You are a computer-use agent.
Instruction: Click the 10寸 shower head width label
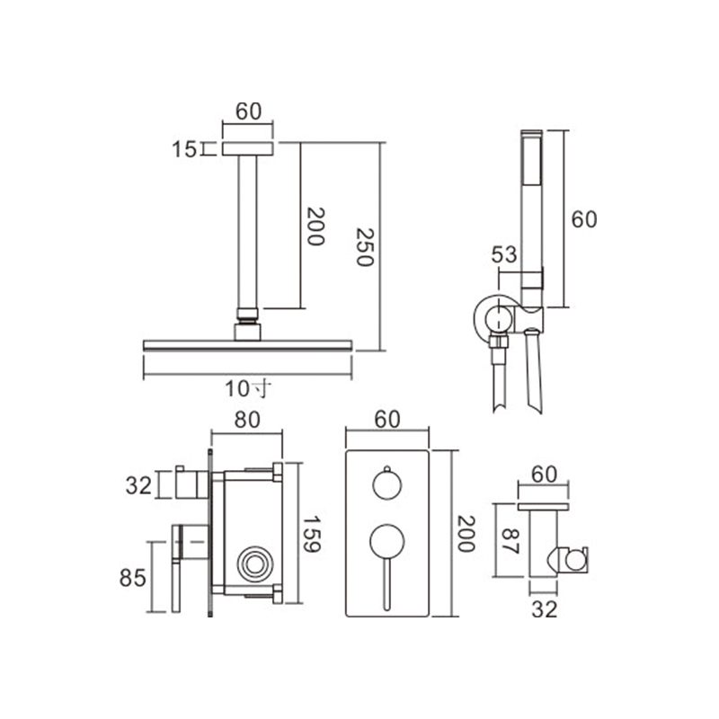(x=248, y=389)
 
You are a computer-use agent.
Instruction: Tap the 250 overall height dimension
(x=366, y=246)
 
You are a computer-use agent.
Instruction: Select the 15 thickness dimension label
(x=184, y=149)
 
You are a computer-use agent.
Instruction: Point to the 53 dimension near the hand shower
(x=504, y=254)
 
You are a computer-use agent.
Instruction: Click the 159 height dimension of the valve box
(x=312, y=533)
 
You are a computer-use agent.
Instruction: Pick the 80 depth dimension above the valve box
(x=247, y=420)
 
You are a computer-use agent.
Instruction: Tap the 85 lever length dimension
(x=133, y=578)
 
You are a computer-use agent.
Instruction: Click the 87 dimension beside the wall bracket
(x=510, y=542)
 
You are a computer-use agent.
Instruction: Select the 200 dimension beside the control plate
(x=466, y=534)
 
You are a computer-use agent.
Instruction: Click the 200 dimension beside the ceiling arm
(x=315, y=226)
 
